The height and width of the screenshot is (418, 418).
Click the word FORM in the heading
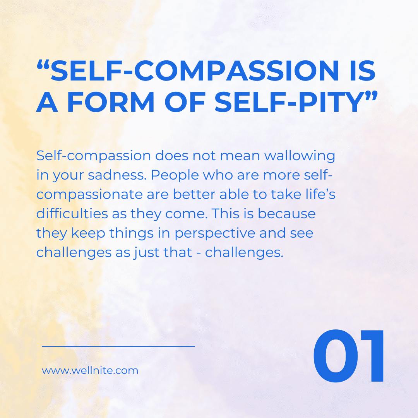pyautogui.click(x=110, y=102)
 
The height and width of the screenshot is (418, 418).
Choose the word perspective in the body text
pyautogui.click(x=215, y=233)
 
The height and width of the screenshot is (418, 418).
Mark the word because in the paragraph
pyautogui.click(x=286, y=214)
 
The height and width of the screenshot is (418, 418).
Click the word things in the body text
pyautogui.click(x=132, y=233)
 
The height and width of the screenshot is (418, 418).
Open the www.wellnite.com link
pyautogui.click(x=90, y=370)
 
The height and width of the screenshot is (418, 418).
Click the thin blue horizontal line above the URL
pyautogui.click(x=118, y=346)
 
